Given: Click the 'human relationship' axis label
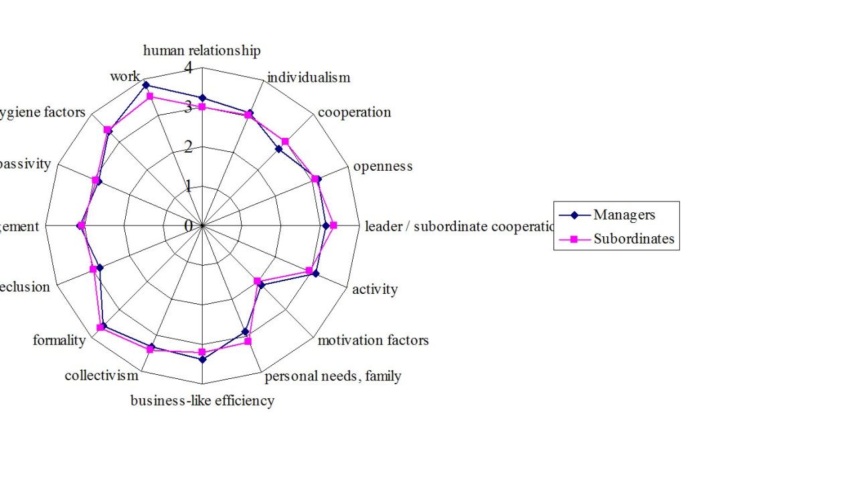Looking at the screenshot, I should click(x=201, y=50).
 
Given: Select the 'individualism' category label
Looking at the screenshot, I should click(x=308, y=78).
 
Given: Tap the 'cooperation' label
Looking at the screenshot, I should click(x=354, y=112).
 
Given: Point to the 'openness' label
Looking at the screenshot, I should click(x=383, y=166).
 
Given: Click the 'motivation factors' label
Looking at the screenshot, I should click(x=373, y=340).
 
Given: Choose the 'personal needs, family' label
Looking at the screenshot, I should click(x=333, y=376).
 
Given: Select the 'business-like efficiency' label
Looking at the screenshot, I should click(x=202, y=401).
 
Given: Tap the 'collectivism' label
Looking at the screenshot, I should click(x=101, y=376).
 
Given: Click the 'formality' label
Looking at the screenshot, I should click(x=59, y=340).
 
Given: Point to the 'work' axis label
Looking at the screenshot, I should click(x=125, y=76).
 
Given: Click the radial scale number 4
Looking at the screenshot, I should click(x=188, y=68).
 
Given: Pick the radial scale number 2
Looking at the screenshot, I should click(x=188, y=147).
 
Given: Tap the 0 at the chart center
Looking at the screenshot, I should click(x=188, y=226).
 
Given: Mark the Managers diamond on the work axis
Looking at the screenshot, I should click(x=145, y=85).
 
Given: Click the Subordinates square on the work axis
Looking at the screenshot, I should click(x=150, y=96).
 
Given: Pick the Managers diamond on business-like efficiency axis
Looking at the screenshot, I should click(x=202, y=359).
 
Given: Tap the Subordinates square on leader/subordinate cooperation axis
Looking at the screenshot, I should click(x=333, y=226).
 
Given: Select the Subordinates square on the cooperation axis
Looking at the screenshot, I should click(x=285, y=141).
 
